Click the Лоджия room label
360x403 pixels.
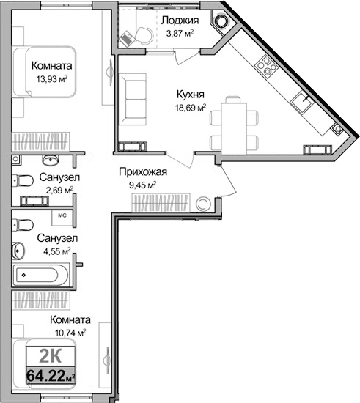pyautogui.click(x=178, y=21)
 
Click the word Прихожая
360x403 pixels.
pyautogui.click(x=144, y=173)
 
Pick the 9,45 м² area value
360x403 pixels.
pyautogui.click(x=142, y=185)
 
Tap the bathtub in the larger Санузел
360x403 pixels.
pyautogui.click(x=42, y=276)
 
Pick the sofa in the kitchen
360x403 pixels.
pyautogui.click(x=136, y=101)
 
